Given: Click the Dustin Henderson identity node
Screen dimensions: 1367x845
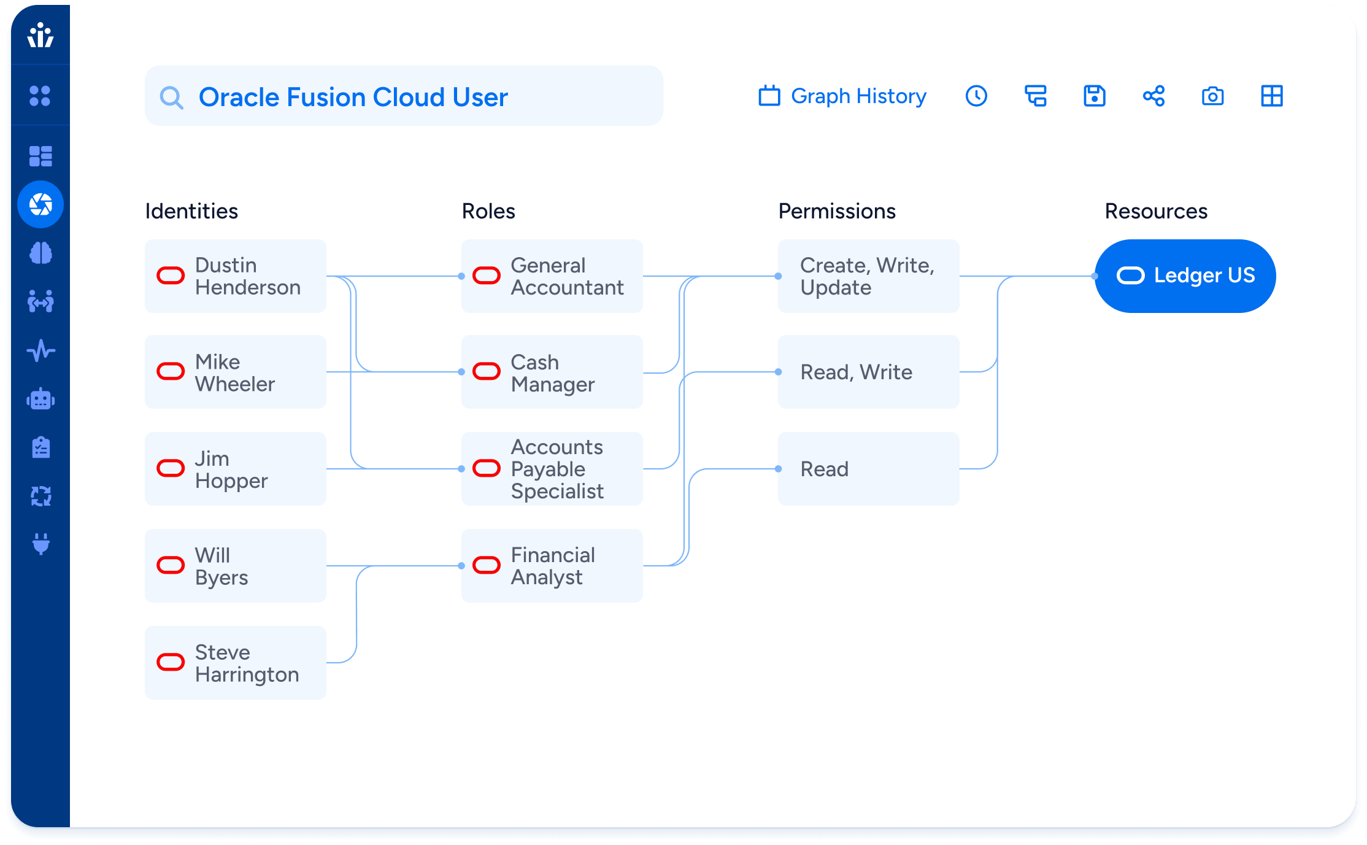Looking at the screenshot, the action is (236, 276).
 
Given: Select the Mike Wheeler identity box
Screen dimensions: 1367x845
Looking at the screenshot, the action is (236, 372).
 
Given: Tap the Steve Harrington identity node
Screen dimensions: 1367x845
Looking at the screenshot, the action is (236, 663).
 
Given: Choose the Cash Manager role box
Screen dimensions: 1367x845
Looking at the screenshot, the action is (552, 372).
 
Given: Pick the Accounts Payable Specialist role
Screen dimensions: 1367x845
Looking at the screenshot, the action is (552, 469).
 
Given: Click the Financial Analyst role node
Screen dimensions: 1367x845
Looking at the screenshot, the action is (552, 566).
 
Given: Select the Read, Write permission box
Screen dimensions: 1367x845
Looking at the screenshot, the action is (869, 372).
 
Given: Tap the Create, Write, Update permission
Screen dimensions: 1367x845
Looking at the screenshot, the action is (869, 276).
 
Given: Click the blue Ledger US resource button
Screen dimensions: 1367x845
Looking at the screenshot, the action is (1185, 276).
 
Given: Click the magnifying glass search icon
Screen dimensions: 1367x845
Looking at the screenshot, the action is (171, 98).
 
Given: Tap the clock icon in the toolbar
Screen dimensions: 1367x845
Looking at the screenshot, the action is (976, 96).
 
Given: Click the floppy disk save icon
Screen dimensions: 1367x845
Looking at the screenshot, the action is (1095, 96).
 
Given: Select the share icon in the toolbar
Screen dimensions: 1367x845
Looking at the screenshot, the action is (1153, 96).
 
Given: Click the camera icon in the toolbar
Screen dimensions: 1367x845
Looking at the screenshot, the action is (1213, 96).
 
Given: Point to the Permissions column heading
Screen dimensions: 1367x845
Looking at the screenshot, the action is (837, 211).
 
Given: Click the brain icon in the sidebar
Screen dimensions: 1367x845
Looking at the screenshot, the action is (40, 253).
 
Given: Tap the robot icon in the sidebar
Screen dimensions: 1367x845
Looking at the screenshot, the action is (40, 399).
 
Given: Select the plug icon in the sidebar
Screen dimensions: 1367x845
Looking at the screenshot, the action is (40, 544).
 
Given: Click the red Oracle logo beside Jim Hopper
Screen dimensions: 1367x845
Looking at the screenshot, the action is (171, 468).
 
